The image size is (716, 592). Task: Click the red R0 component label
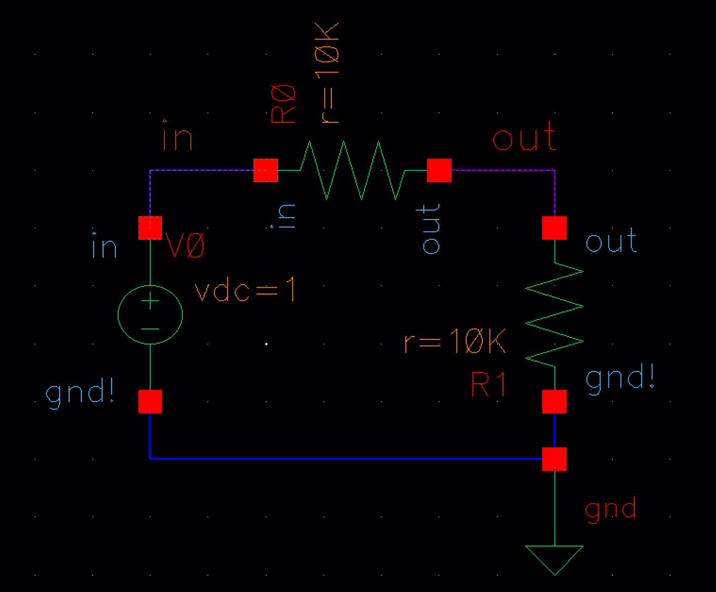pos(283,104)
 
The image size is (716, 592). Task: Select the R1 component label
pos(488,384)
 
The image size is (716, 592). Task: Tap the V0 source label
pos(185,245)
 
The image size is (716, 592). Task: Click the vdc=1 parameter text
pos(245,290)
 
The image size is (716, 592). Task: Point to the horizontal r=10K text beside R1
pos(455,341)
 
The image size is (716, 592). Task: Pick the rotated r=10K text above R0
pos(327,73)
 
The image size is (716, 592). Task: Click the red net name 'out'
pos(524,137)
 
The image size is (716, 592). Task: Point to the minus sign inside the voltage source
pos(150,329)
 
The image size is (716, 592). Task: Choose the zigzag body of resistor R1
pos(554,314)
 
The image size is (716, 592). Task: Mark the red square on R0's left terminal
pos(265,170)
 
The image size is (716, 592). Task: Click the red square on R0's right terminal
pos(439,170)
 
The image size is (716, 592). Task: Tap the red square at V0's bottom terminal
pos(150,402)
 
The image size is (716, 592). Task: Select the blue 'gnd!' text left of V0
pos(80,393)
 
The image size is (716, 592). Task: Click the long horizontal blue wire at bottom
pos(345,459)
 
